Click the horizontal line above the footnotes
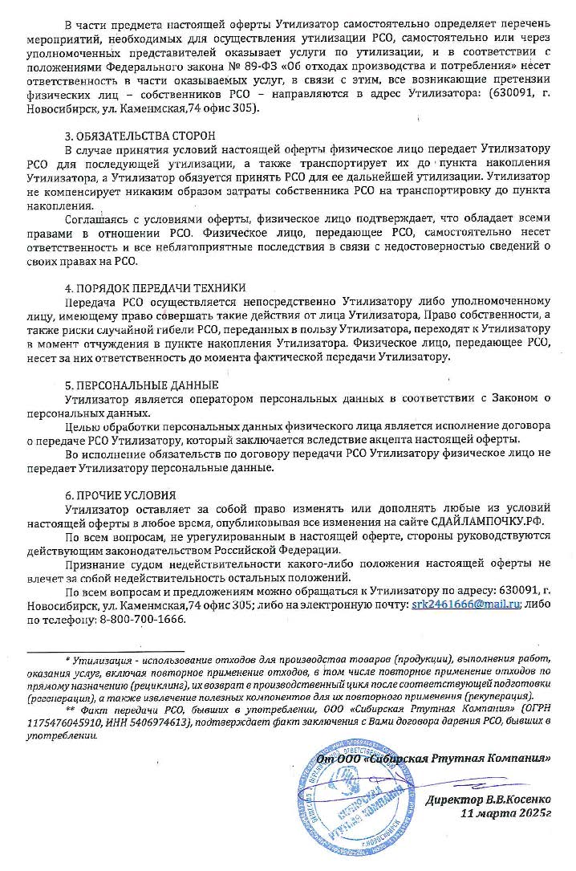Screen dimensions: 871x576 pyautogui.click(x=104, y=651)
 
